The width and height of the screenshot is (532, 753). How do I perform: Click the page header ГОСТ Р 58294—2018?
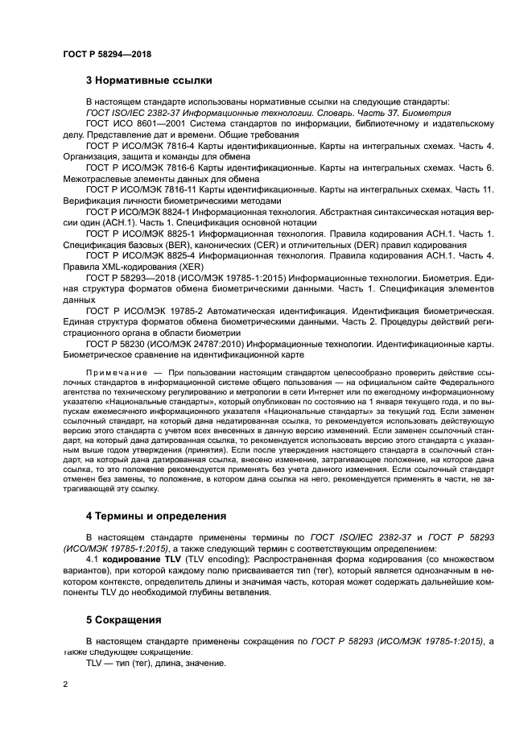coord(106,55)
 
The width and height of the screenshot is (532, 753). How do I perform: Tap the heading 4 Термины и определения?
coord(155,515)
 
